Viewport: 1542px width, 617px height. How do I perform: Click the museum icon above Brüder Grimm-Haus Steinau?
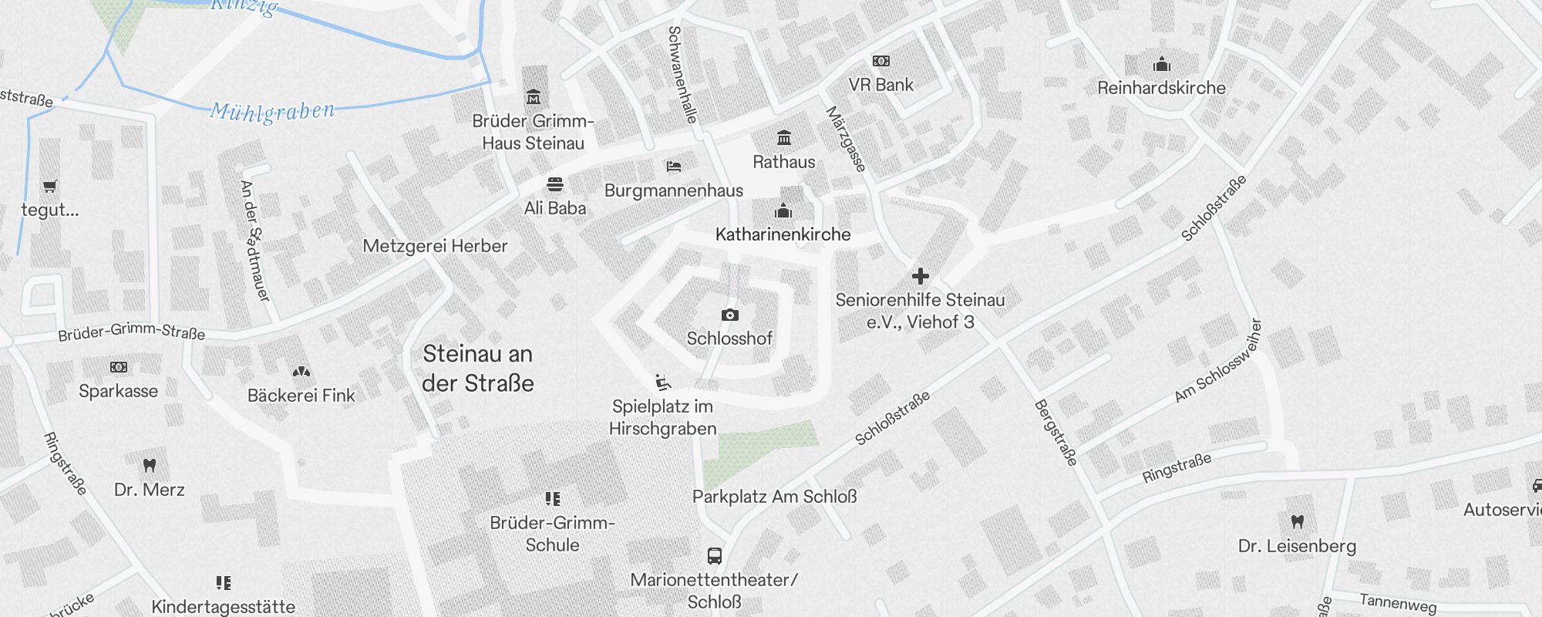click(x=533, y=97)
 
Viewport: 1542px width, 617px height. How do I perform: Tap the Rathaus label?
click(x=783, y=162)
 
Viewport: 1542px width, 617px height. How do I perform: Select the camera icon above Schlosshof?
click(x=729, y=315)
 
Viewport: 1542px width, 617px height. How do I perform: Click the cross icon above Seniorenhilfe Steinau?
click(x=920, y=276)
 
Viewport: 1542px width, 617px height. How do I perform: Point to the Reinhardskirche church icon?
click(x=1161, y=64)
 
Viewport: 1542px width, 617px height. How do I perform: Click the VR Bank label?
click(x=880, y=85)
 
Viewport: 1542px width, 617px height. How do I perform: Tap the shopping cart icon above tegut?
click(x=50, y=186)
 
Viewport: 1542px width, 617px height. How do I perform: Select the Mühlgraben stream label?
click(x=272, y=112)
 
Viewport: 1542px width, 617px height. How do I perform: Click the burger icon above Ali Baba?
click(x=554, y=184)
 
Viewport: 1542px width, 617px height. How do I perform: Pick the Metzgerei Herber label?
click(x=435, y=246)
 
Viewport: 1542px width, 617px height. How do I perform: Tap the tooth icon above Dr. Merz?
click(x=150, y=465)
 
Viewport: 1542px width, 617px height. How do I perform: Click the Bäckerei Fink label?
click(x=301, y=396)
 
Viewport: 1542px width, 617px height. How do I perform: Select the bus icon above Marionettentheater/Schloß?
click(x=714, y=555)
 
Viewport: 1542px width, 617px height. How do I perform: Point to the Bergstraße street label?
click(x=1055, y=433)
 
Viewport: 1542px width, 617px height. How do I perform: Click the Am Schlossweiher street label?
click(x=1217, y=361)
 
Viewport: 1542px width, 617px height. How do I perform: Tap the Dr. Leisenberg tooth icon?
click(x=1297, y=522)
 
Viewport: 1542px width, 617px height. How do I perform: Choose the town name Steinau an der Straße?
click(x=478, y=369)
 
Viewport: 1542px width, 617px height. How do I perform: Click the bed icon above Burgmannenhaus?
click(x=673, y=167)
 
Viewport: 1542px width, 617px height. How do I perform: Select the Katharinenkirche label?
click(x=783, y=234)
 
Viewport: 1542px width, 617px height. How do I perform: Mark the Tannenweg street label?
click(x=1398, y=602)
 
